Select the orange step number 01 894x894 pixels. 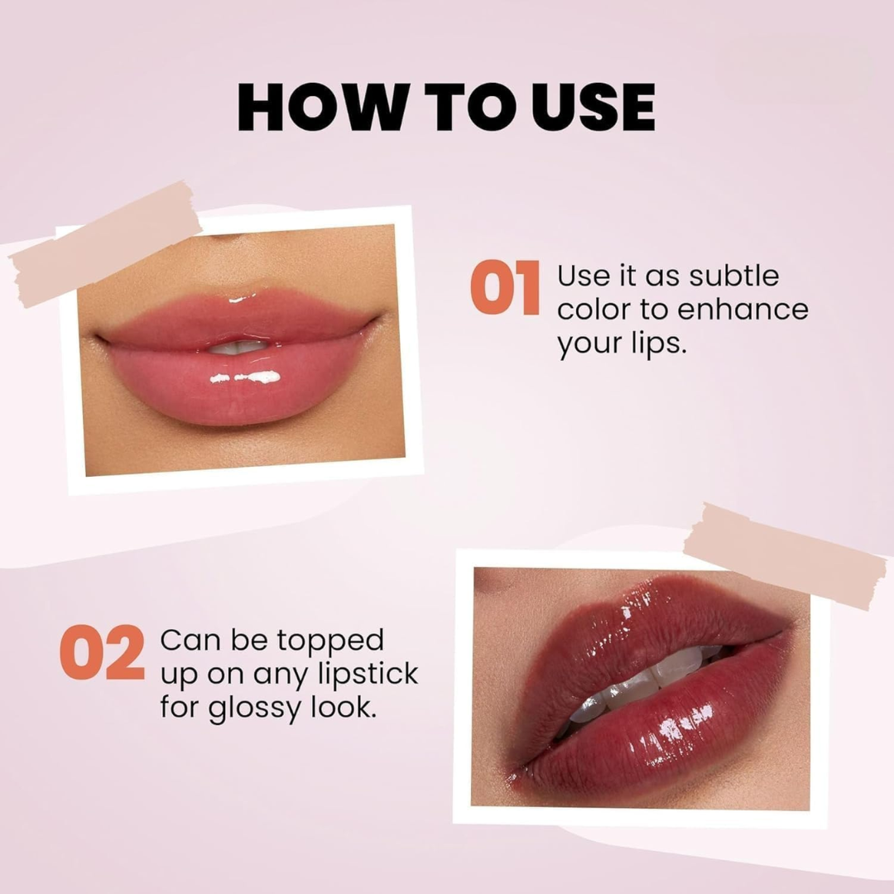(x=505, y=288)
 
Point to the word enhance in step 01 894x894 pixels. (x=743, y=310)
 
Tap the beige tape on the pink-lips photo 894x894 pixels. (x=106, y=243)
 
